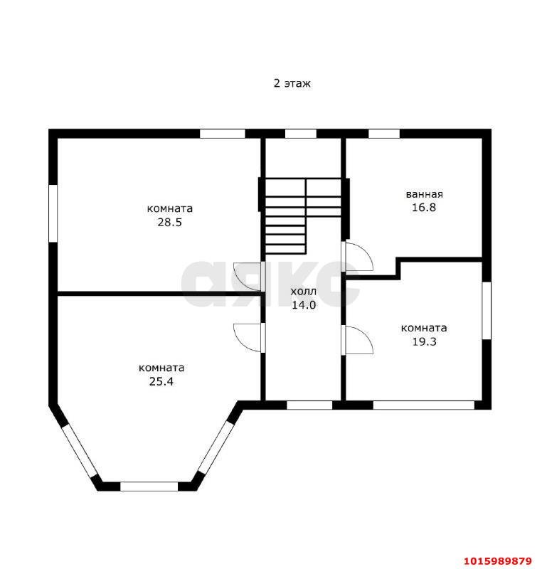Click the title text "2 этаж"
(x=292, y=83)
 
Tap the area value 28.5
(x=169, y=222)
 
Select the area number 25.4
(x=161, y=381)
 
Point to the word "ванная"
(x=424, y=194)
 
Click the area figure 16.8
(x=424, y=207)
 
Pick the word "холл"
(x=304, y=292)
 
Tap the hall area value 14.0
(x=304, y=305)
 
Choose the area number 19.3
(x=424, y=341)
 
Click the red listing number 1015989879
(x=498, y=560)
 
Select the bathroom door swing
(x=357, y=256)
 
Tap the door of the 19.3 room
(x=357, y=340)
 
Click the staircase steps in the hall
(x=303, y=216)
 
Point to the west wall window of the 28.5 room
(x=53, y=213)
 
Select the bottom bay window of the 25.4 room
(x=149, y=486)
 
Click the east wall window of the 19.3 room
(x=487, y=311)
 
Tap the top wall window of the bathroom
(x=384, y=134)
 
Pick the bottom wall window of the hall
(x=309, y=405)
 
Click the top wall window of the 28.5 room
(x=223, y=134)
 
